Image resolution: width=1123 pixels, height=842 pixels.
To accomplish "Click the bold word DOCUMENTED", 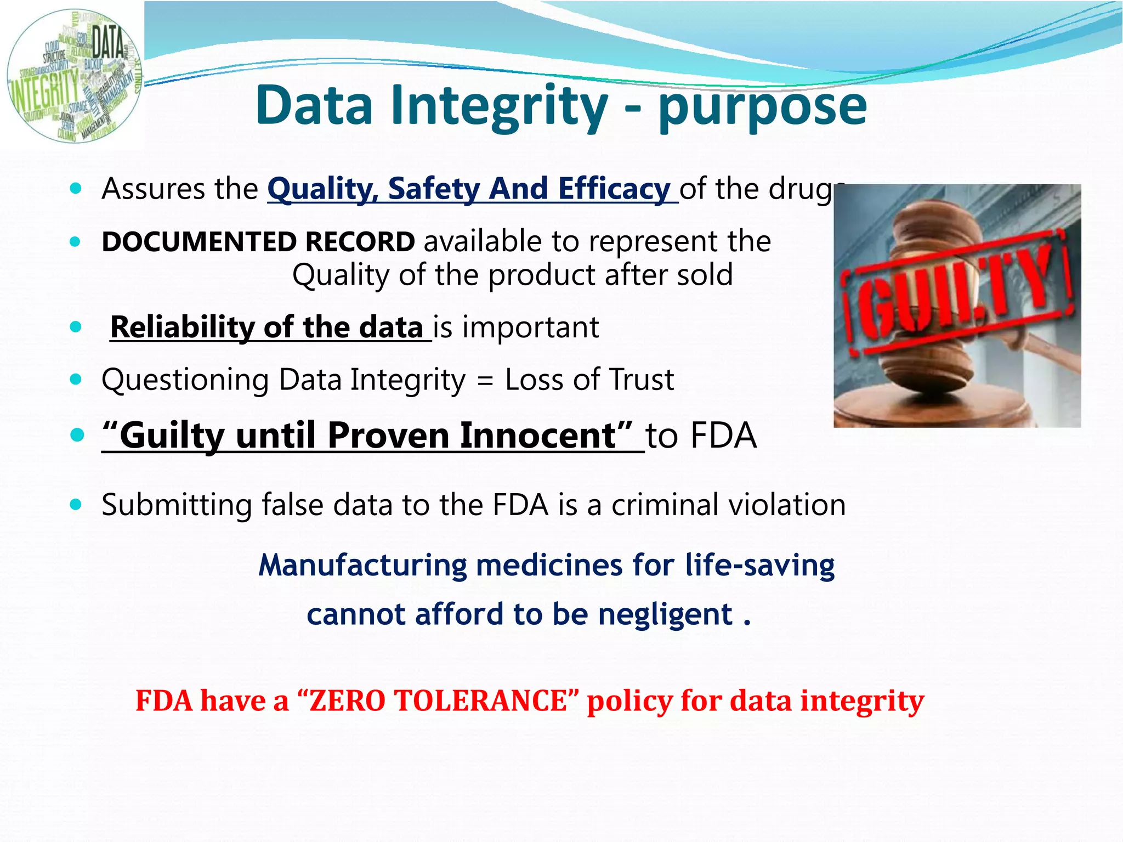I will point(199,242).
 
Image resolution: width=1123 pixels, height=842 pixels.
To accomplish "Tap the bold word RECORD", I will point(360,242).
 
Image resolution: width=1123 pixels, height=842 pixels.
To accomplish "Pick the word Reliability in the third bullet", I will point(182,327).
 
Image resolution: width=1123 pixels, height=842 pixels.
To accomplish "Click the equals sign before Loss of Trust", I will point(485,381).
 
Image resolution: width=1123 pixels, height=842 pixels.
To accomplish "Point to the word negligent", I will point(665,614).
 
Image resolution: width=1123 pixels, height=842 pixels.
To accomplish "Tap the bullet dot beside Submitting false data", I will point(76,505).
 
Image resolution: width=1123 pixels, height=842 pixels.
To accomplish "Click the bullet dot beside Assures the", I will point(76,189).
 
